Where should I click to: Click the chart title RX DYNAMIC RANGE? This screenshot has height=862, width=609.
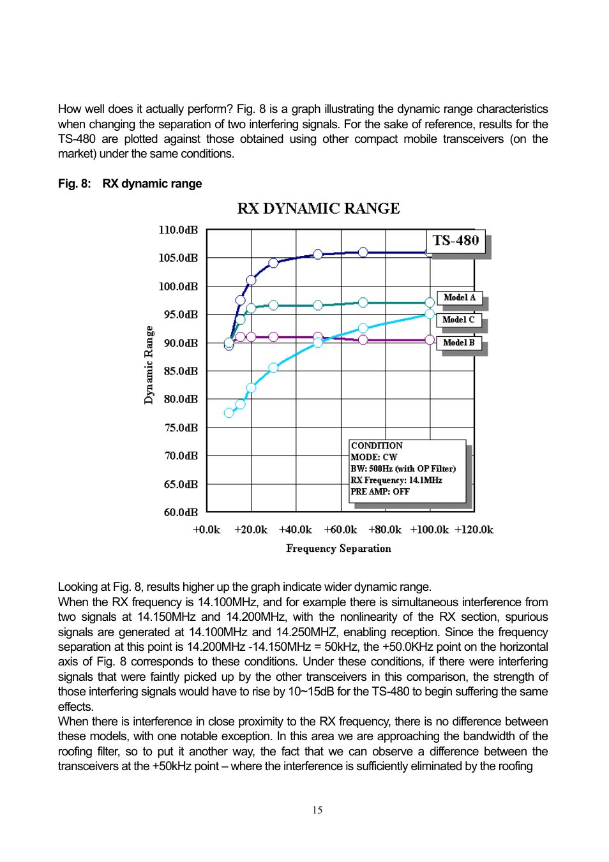tap(318, 209)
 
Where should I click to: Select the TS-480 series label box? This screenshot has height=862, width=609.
tap(455, 241)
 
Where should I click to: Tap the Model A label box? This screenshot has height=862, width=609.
tap(459, 298)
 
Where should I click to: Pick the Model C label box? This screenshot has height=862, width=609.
tap(458, 320)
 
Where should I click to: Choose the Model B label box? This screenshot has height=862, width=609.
tap(458, 343)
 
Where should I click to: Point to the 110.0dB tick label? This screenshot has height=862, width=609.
tap(178, 230)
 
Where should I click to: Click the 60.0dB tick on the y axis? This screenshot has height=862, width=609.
tap(181, 512)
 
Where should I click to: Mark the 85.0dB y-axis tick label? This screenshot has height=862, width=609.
tap(181, 371)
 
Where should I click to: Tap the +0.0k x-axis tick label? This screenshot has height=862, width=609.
tap(206, 530)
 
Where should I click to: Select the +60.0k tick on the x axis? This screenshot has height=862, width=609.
tap(340, 530)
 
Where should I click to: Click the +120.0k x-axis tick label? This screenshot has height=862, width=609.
tap(474, 530)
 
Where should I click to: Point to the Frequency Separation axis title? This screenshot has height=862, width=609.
tap(338, 549)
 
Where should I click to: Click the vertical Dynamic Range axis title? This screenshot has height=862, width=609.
tap(149, 365)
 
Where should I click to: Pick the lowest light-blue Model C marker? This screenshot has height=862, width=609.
tap(229, 413)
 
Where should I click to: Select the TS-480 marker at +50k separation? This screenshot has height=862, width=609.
tap(318, 255)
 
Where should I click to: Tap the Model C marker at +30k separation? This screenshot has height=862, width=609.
tap(273, 368)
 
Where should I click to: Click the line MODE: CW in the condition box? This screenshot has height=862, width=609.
tap(373, 457)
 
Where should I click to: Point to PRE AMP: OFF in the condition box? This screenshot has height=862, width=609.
tap(380, 492)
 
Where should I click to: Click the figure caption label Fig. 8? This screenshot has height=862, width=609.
tap(74, 184)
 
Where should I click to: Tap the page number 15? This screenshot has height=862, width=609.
tap(317, 810)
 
